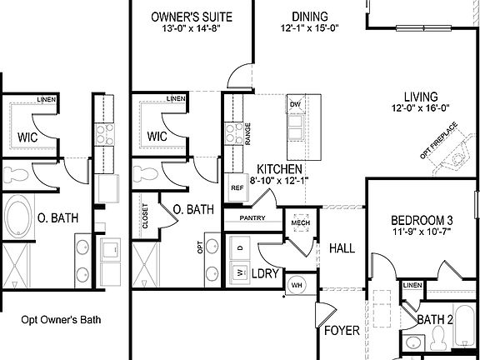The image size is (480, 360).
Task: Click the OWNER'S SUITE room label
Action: coord(191,16)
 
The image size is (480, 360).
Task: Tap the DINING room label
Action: coord(309,16)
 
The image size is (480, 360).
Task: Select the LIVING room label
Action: coord(422,96)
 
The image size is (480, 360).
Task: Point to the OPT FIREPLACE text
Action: coord(439,144)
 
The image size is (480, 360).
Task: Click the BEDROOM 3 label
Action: coord(422,220)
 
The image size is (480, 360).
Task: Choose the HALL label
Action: coord(342,247)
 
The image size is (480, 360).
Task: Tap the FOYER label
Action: coord(342,331)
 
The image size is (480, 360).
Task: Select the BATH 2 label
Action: coord(435,318)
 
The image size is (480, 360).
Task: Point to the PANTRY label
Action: coord(252,217)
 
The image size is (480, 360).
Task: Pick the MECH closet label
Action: coord(300,222)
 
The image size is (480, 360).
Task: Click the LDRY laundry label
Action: coord(266,272)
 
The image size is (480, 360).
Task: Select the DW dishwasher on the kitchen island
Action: coord(295,104)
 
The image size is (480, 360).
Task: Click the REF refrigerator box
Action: coord(236,187)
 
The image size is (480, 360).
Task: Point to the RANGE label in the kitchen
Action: coord(247,134)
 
